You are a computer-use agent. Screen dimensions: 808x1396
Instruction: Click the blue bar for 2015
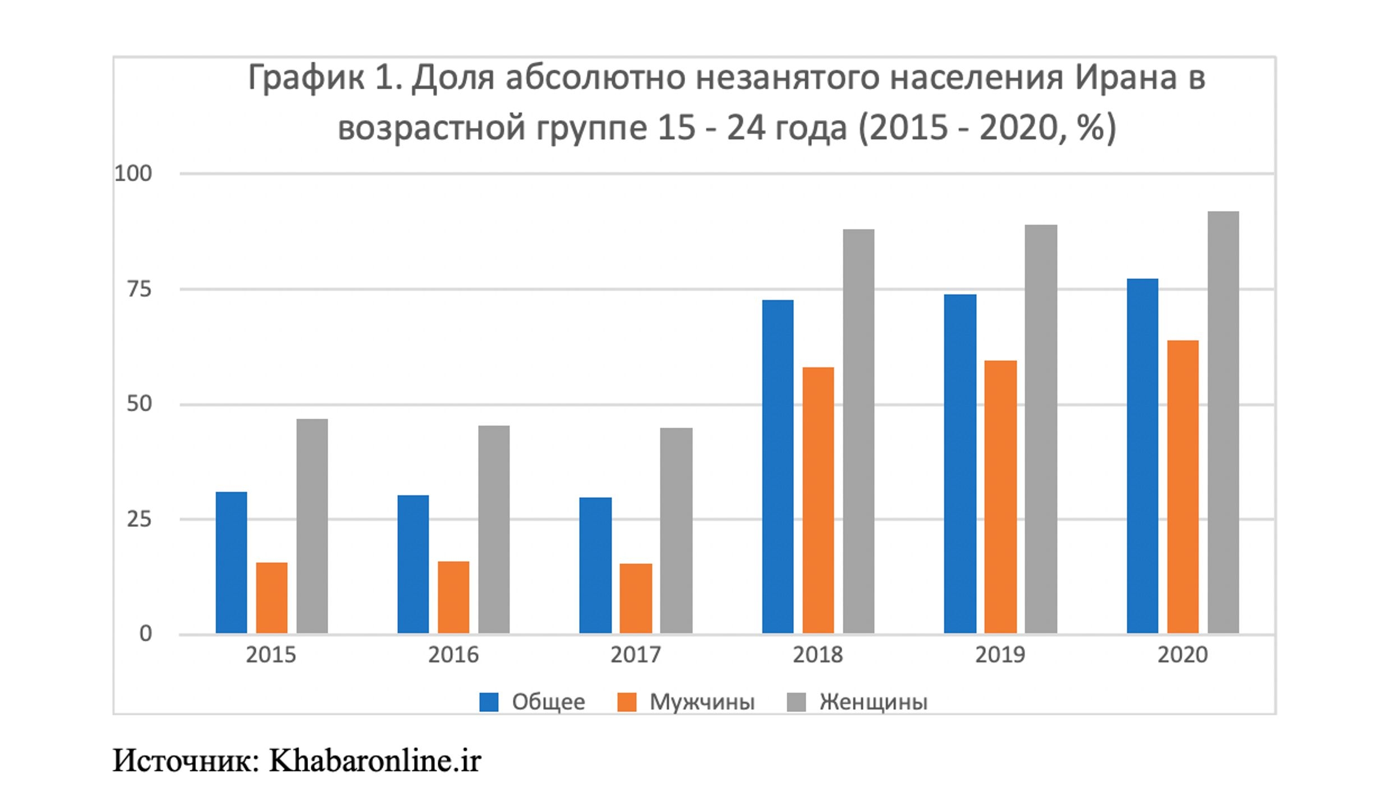(x=231, y=563)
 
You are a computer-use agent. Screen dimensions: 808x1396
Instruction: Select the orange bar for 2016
(x=453, y=598)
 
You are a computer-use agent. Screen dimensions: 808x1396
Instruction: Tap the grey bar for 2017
(x=676, y=531)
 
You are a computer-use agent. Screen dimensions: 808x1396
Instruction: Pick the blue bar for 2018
(x=778, y=467)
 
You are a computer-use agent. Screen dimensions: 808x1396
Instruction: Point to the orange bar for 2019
(x=1000, y=497)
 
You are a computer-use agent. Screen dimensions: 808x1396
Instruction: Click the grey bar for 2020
(x=1223, y=423)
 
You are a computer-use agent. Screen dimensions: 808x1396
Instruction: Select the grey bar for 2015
(x=312, y=526)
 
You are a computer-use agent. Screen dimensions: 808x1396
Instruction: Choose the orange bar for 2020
(x=1183, y=487)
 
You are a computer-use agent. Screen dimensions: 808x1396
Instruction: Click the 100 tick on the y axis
(x=134, y=174)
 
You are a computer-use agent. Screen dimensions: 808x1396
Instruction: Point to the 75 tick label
(x=139, y=290)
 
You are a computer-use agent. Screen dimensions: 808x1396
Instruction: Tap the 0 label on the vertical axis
(x=145, y=634)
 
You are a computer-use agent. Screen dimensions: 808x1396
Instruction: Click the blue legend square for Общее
(x=489, y=702)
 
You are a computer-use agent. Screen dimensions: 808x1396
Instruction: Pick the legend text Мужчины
(x=702, y=702)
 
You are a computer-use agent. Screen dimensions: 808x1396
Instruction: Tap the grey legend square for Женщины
(x=796, y=702)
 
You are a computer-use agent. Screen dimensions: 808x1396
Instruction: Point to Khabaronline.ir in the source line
(x=375, y=761)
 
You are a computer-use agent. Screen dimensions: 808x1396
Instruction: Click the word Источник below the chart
(x=185, y=761)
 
